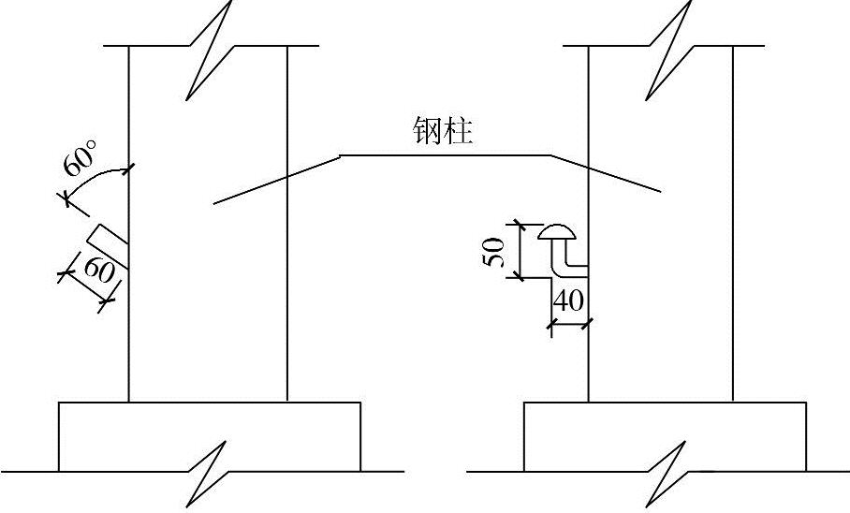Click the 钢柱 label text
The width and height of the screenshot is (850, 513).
[x=443, y=131]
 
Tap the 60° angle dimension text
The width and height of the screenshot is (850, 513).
[x=81, y=160]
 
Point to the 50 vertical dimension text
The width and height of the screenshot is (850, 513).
[x=498, y=251]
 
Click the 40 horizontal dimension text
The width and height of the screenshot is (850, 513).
[x=569, y=301]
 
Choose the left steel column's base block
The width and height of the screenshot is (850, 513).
[x=210, y=435]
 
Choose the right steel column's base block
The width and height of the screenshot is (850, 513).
[x=665, y=435]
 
